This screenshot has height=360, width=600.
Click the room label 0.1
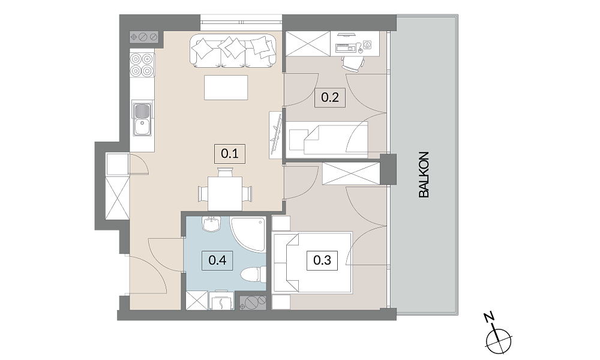[230, 154]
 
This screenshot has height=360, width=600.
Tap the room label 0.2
[330, 97]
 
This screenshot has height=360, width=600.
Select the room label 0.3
[322, 260]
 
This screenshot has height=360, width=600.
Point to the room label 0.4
[217, 260]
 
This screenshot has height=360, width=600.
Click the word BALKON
[424, 175]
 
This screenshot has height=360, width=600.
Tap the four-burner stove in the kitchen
[142, 65]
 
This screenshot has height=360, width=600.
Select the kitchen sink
[142, 118]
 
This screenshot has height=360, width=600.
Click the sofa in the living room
[233, 50]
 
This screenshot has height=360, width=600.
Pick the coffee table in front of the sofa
[226, 88]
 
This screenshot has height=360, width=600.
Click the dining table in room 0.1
[225, 193]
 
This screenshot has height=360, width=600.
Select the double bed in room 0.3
[311, 263]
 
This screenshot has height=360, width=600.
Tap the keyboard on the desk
[346, 48]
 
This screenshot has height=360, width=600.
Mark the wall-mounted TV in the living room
[276, 134]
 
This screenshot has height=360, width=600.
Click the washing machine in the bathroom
[223, 300]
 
